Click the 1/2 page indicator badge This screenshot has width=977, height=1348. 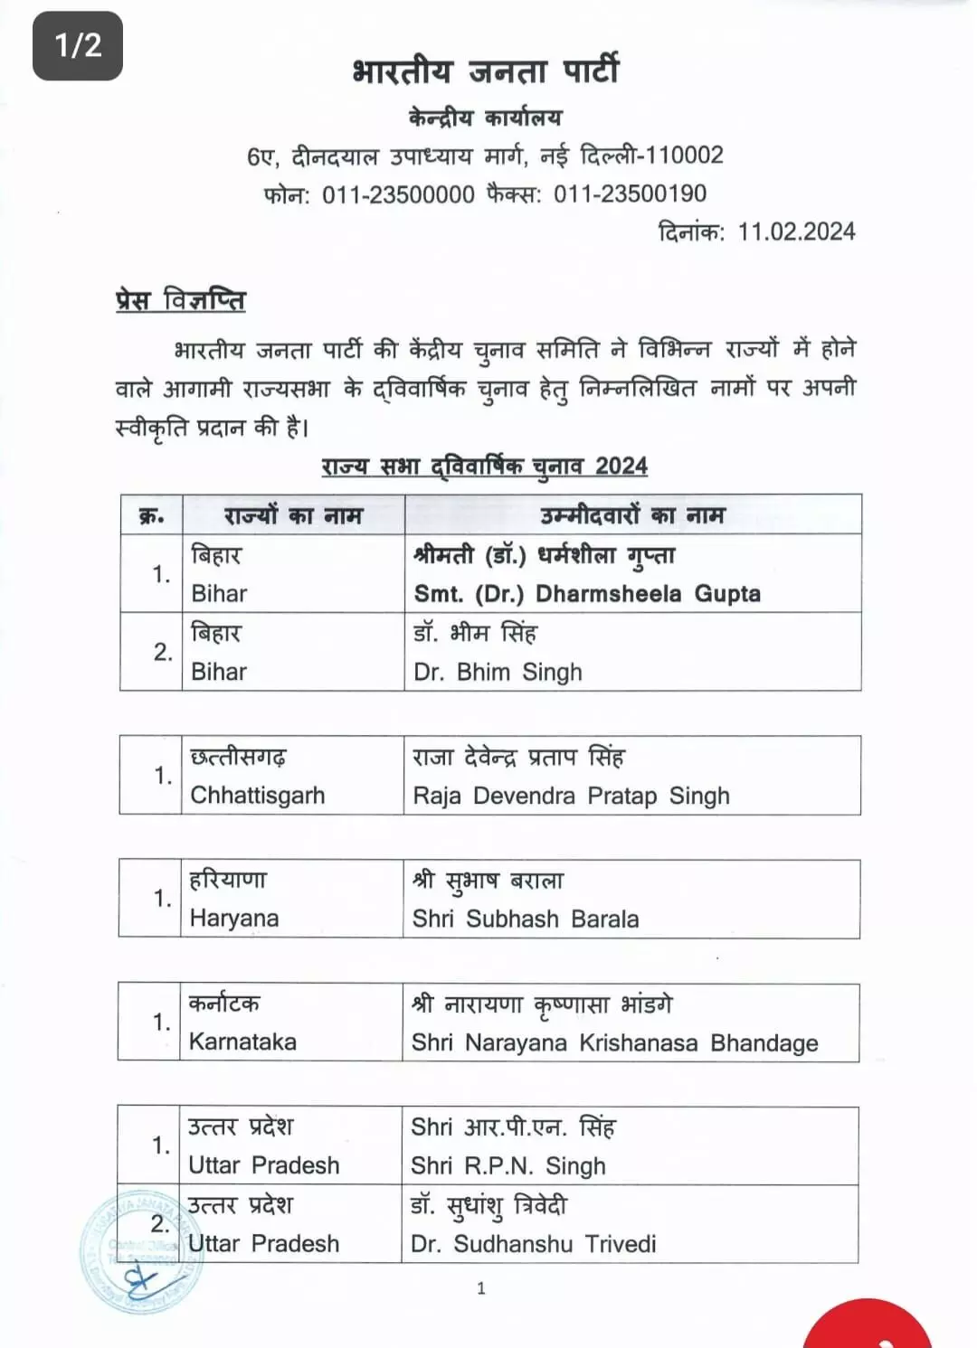pyautogui.click(x=78, y=45)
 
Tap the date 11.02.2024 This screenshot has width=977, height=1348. pyautogui.click(x=796, y=231)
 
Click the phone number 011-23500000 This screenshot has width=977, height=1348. pyautogui.click(x=398, y=193)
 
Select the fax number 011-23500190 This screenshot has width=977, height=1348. pyautogui.click(x=630, y=193)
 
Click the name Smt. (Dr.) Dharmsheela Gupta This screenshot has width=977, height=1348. pyautogui.click(x=587, y=594)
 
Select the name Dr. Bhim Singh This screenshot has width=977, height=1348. pyautogui.click(x=498, y=672)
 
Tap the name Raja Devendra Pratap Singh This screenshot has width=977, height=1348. pyautogui.click(x=571, y=796)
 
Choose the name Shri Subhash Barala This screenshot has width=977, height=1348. pyautogui.click(x=525, y=919)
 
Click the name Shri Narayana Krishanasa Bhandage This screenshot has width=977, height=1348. pyautogui.click(x=614, y=1042)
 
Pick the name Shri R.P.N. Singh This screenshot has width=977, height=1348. pyautogui.click(x=507, y=1165)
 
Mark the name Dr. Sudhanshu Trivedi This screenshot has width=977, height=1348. pyautogui.click(x=533, y=1244)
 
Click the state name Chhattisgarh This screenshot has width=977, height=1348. pyautogui.click(x=257, y=796)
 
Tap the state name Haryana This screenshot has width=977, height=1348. pyautogui.click(x=233, y=919)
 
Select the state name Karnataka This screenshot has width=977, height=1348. pyautogui.click(x=242, y=1042)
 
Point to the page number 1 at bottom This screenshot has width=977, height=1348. pyautogui.click(x=481, y=1288)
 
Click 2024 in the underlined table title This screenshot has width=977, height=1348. pyautogui.click(x=621, y=467)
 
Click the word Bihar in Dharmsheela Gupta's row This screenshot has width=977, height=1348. pyautogui.click(x=219, y=594)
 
